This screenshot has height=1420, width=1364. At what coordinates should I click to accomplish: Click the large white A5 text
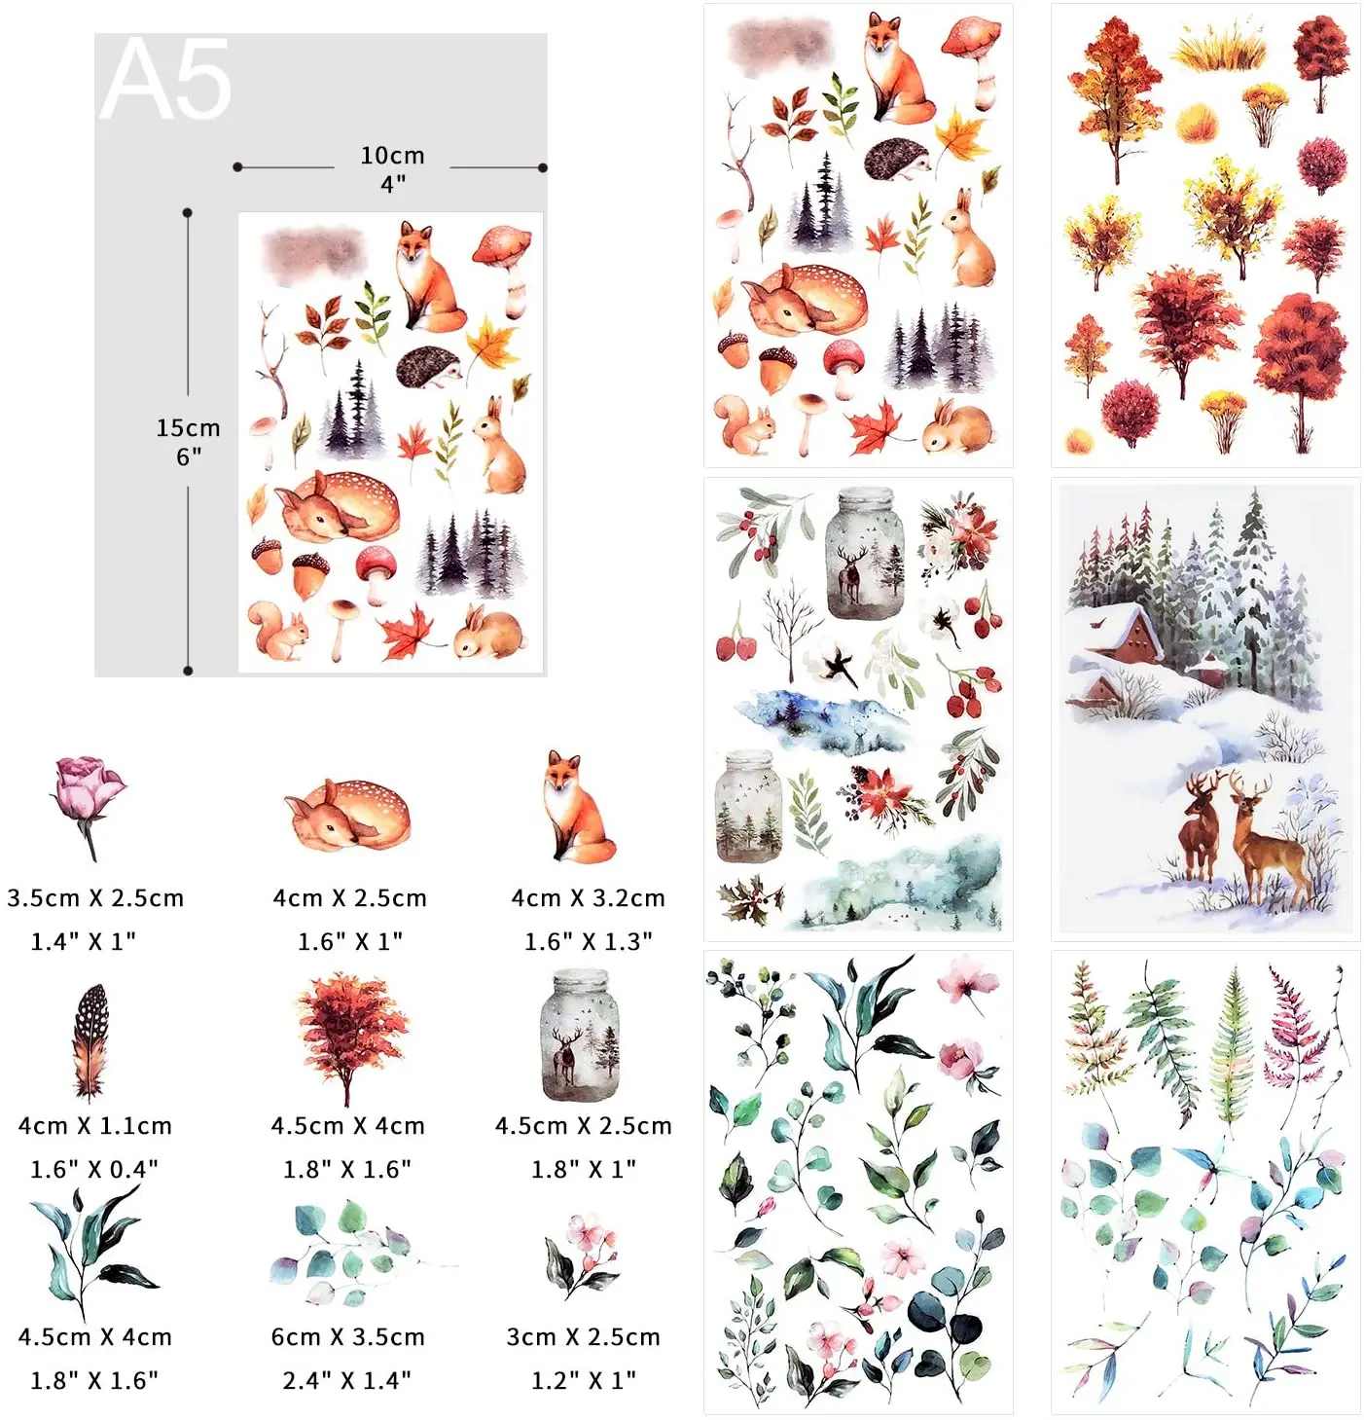(x=165, y=80)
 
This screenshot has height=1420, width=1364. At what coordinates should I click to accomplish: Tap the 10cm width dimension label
(x=392, y=156)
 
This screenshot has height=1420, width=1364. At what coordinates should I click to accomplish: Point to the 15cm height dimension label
(x=188, y=428)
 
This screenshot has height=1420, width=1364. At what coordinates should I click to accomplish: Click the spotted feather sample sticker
(x=90, y=1039)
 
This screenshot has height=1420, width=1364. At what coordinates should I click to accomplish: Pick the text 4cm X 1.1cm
(x=94, y=1126)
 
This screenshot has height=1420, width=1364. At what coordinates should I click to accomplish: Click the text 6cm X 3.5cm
(x=347, y=1337)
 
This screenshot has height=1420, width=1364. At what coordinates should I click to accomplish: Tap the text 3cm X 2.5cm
(x=583, y=1337)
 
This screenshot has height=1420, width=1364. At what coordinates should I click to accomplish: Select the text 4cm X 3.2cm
(x=588, y=898)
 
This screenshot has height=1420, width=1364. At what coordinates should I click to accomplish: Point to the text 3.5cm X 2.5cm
(x=95, y=898)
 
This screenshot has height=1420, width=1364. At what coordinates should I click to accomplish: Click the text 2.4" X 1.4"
(x=346, y=1380)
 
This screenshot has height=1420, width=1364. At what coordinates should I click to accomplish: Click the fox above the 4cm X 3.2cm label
(x=576, y=807)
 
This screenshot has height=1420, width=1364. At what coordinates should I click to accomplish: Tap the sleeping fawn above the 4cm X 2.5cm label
(x=347, y=815)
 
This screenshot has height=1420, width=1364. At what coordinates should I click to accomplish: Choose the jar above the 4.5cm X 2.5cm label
(x=580, y=1036)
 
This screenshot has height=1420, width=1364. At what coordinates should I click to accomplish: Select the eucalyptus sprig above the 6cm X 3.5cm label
(x=350, y=1255)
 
